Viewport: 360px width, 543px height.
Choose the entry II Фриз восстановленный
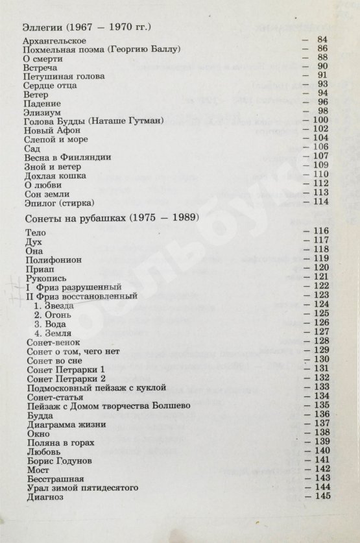[x=80, y=295]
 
